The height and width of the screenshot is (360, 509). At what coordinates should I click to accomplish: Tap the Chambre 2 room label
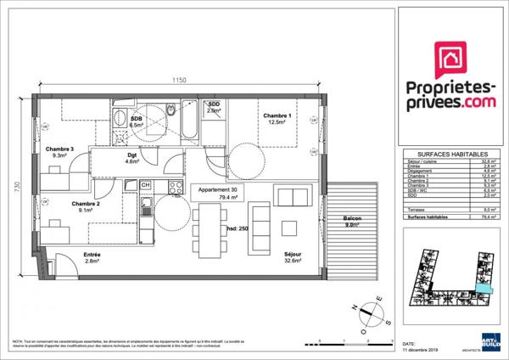pos(86,204)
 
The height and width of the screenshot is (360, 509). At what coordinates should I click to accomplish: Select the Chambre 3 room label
pos(60,150)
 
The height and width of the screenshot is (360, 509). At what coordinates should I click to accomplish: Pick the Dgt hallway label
pos(131,156)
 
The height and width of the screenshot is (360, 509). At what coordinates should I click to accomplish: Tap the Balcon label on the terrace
pos(352,219)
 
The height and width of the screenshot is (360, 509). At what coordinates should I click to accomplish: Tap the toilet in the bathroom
pos(171,110)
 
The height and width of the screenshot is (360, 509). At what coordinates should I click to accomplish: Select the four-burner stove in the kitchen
pos(176,187)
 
